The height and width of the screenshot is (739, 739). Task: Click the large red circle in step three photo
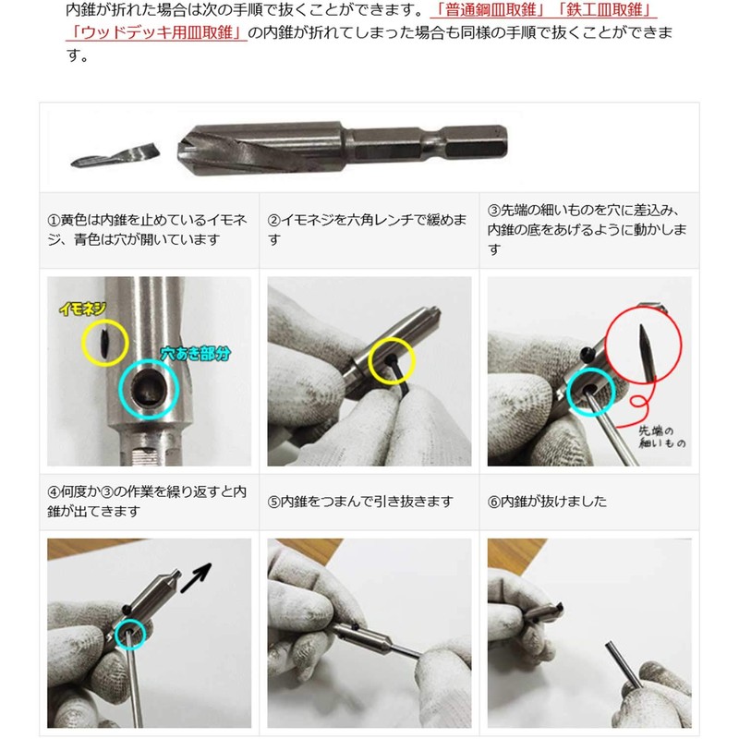(644, 347)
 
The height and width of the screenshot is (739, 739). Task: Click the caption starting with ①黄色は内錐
(148, 230)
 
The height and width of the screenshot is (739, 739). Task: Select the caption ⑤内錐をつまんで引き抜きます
(360, 502)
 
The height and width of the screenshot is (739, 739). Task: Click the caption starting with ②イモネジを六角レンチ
(368, 230)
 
